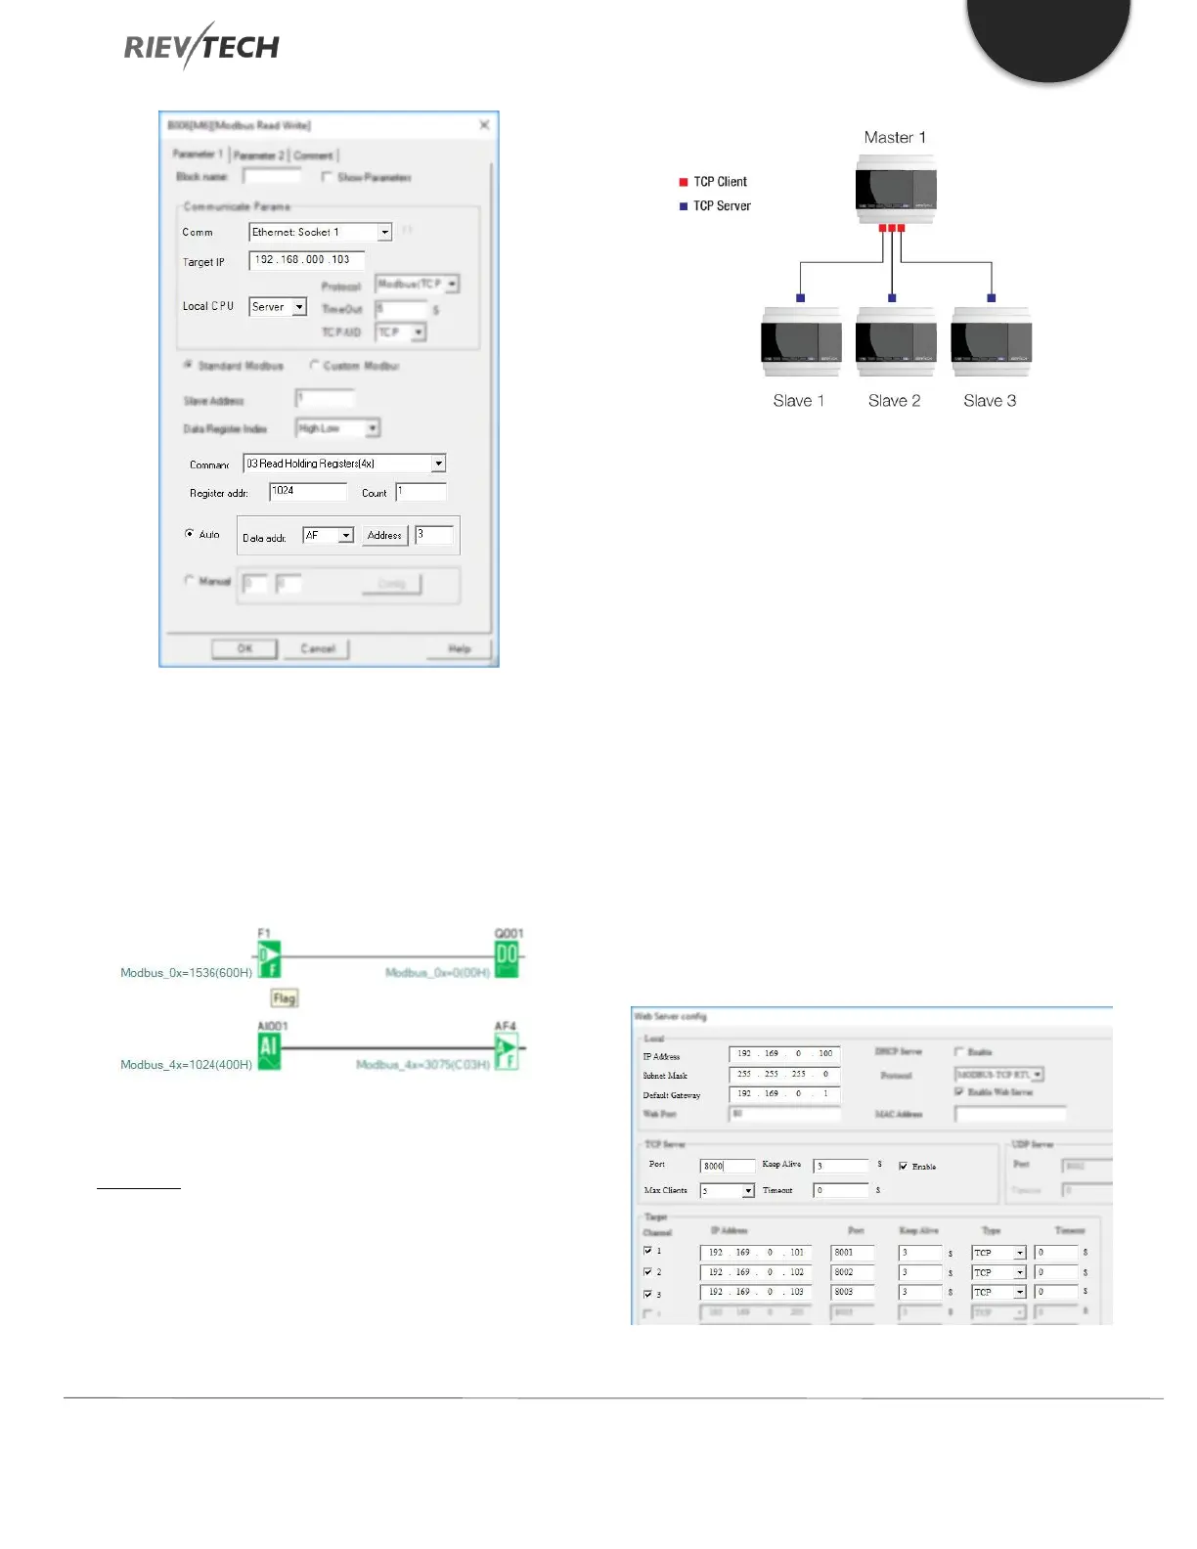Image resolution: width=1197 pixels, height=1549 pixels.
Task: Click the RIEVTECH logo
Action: click(201, 46)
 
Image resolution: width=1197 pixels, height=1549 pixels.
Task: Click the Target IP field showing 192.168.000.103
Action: click(306, 260)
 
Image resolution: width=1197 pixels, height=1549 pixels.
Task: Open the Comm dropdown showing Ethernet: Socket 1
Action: click(384, 232)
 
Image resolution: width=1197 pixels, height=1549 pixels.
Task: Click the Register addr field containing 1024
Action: click(308, 491)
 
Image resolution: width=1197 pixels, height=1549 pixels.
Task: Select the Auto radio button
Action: click(190, 534)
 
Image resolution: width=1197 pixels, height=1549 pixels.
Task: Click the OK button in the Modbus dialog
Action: click(244, 648)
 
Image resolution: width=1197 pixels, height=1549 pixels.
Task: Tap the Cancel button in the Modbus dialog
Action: click(317, 648)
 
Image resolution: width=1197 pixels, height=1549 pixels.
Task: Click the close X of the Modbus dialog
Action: click(484, 125)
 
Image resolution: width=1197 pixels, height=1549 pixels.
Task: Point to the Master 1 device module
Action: click(896, 189)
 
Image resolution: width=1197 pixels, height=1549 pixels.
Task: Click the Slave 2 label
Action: click(894, 401)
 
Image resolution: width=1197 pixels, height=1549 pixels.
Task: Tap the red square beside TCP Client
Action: click(684, 182)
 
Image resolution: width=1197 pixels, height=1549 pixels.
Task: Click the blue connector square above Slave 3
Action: click(992, 298)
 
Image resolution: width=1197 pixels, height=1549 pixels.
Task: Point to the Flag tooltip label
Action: click(284, 998)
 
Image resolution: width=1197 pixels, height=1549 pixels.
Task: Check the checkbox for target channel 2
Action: click(647, 1272)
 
